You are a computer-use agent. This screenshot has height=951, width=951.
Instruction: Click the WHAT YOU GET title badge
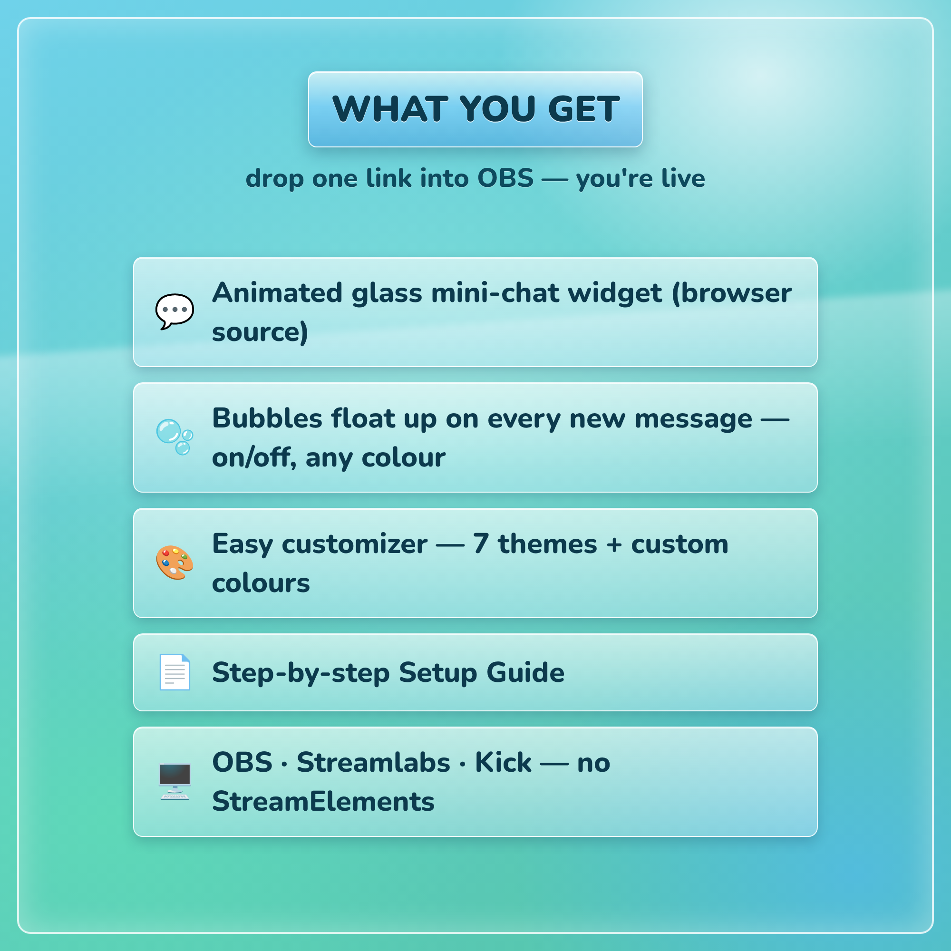(475, 109)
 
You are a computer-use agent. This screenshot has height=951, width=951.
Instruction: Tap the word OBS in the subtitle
(505, 178)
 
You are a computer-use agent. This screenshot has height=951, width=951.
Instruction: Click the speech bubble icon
(175, 311)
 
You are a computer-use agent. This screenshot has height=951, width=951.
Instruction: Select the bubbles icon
(175, 437)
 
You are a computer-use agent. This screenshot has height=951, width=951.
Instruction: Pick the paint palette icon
(175, 563)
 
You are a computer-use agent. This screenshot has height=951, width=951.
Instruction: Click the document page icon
(175, 672)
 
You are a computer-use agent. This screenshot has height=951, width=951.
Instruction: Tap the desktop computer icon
(175, 782)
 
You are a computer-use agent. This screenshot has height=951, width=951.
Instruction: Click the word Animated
(277, 293)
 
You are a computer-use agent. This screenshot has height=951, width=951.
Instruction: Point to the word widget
(615, 294)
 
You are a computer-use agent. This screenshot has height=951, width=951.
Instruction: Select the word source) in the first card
(261, 332)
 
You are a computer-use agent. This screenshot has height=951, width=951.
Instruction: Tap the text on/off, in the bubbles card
(254, 457)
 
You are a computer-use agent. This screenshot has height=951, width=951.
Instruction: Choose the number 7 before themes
(480, 544)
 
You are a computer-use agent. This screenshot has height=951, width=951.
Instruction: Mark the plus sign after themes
(614, 545)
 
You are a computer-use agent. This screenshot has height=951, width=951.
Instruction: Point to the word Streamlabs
(374, 763)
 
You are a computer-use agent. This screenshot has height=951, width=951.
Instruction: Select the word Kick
(503, 763)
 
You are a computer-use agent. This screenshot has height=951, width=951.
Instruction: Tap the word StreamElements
(323, 801)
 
